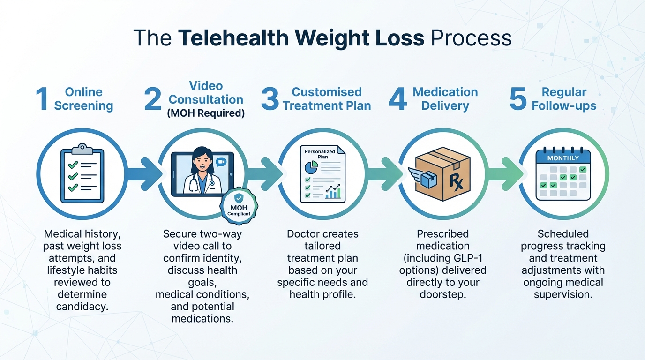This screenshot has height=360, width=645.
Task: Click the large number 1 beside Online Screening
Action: pos(43,99)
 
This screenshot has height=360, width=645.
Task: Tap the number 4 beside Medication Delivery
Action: pos(397,99)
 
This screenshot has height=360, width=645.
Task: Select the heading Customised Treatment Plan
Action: pos(327,99)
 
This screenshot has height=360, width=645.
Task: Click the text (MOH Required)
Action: pos(206,113)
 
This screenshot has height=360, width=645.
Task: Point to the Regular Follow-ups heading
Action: pos(564,99)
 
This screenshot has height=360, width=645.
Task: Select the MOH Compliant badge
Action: pos(239,204)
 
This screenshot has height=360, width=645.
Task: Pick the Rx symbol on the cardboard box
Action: pos(456,180)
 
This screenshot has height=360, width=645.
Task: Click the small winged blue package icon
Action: pos(423,176)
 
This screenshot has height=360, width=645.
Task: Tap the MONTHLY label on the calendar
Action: pos(563,158)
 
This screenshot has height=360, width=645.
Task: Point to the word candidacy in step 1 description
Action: pos(82,307)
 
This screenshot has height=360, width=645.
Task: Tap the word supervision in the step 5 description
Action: pos(563,294)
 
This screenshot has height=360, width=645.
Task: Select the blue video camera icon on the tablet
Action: pos(221,161)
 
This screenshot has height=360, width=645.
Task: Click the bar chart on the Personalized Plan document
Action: pos(333,192)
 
